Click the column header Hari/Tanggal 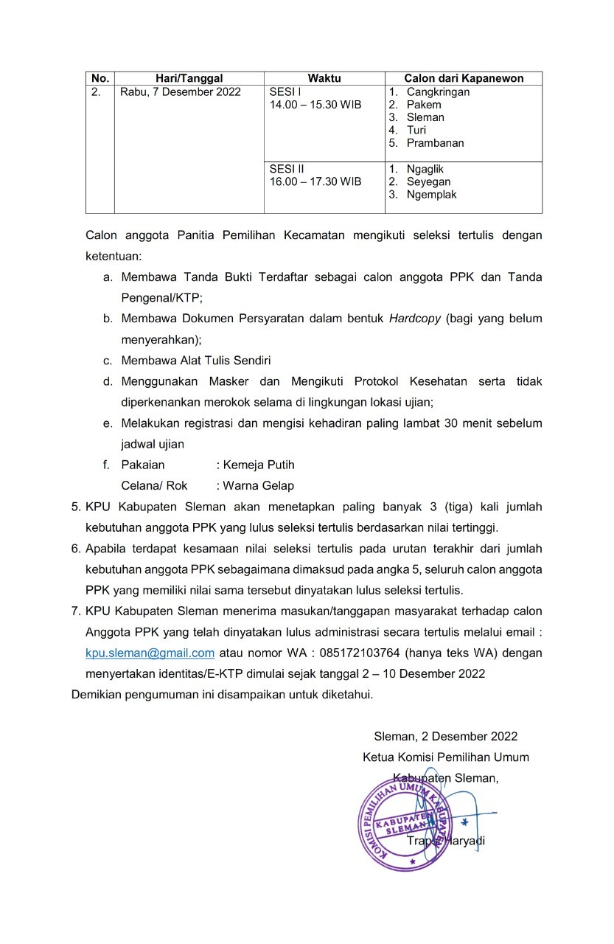[x=189, y=79]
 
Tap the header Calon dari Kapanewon [x=464, y=79]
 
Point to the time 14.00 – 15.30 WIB [x=315, y=105]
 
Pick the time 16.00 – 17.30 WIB [x=315, y=181]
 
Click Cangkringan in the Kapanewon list [x=438, y=92]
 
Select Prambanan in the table [x=435, y=143]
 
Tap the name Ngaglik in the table [x=425, y=169]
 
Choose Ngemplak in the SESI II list [x=431, y=195]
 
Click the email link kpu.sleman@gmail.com [x=150, y=653]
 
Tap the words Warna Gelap [x=258, y=485]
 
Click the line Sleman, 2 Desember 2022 [x=445, y=736]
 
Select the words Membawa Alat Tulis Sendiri [x=196, y=361]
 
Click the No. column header [x=100, y=79]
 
